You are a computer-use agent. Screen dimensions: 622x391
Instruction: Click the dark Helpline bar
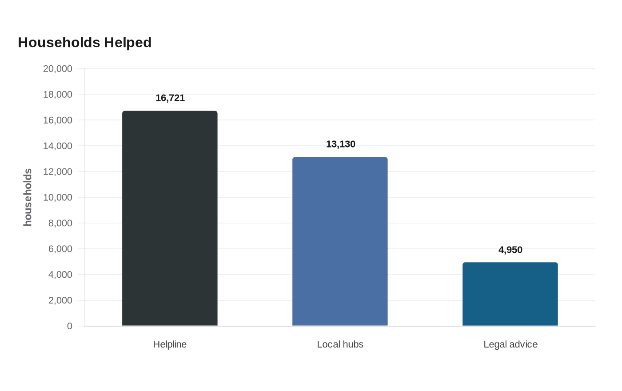pos(170,218)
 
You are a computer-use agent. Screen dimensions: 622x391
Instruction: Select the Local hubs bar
pos(340,241)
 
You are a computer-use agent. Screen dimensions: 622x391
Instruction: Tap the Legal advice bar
pos(510,294)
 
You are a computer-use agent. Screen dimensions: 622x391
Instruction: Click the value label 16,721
pos(170,98)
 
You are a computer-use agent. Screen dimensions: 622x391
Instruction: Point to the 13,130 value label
pos(340,144)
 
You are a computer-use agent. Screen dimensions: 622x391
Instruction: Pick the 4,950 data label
pos(510,250)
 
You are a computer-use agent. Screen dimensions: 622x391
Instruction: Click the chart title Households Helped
pos(85,43)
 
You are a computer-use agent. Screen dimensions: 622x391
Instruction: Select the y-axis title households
pos(28,197)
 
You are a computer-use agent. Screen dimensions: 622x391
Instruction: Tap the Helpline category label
pos(170,344)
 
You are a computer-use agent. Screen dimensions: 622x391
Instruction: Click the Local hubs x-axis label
pos(340,344)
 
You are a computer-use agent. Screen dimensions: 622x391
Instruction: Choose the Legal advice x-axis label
pos(510,345)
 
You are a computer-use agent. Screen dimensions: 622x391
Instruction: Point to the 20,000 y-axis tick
pos(57,68)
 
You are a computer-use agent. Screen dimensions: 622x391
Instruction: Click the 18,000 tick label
pos(57,94)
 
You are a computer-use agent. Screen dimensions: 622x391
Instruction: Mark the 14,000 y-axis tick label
pos(57,146)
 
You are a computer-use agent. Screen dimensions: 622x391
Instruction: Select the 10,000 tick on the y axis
pos(57,197)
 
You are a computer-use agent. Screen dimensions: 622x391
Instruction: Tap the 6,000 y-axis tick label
pos(60,249)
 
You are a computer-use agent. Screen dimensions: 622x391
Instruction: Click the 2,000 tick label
pos(60,300)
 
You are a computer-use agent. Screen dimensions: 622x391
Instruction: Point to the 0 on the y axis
pos(70,326)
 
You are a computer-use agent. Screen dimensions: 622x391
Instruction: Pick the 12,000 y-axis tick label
pos(57,172)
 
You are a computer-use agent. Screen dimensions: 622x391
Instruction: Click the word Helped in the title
pos(128,43)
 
